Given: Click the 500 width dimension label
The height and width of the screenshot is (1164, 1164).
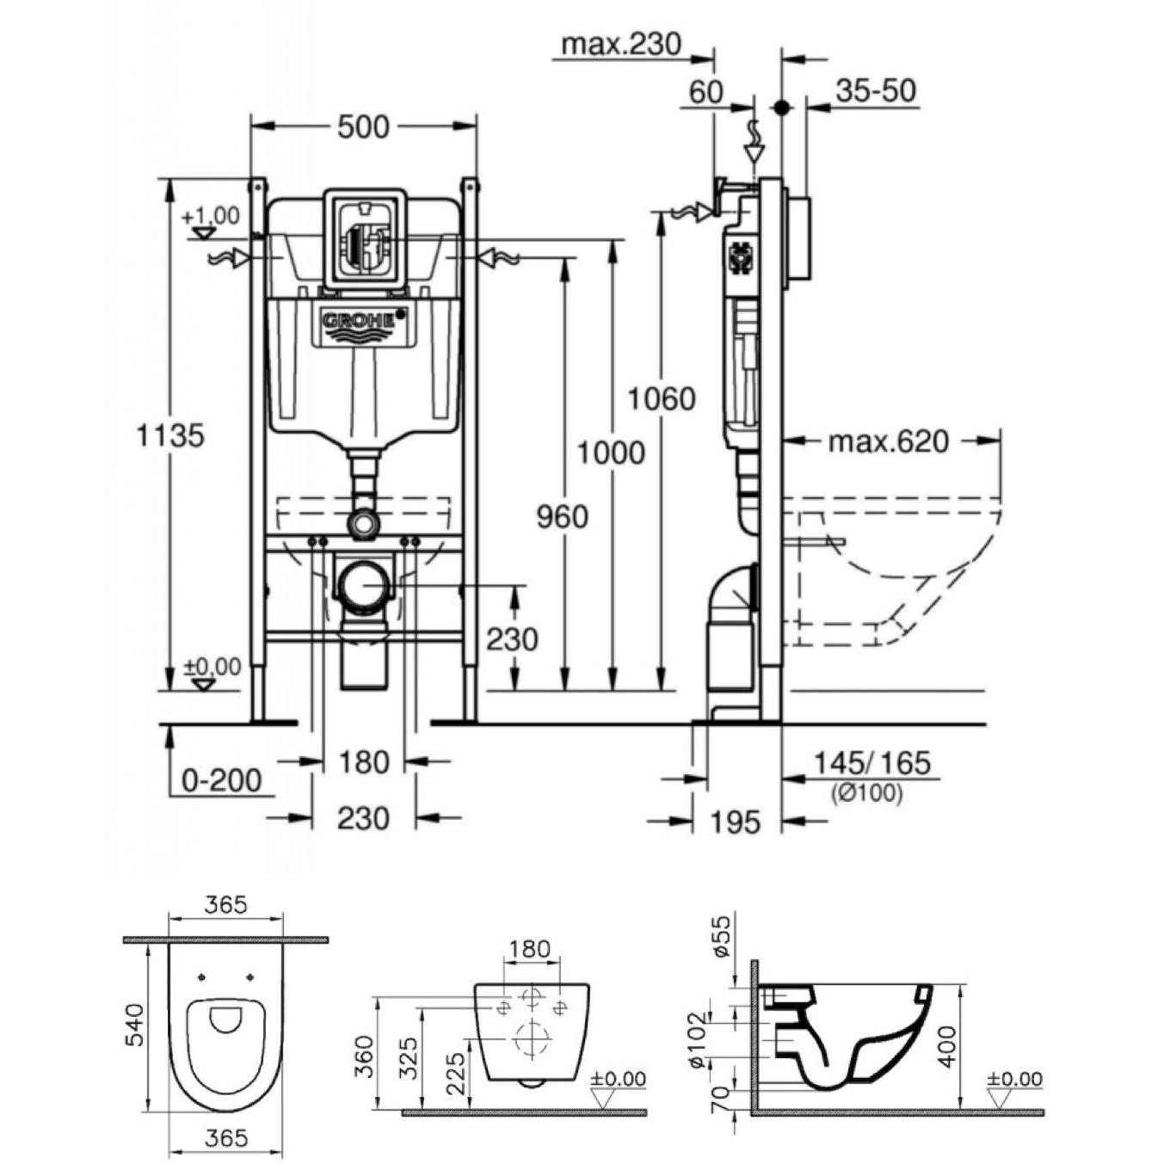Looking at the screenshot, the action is click(362, 127).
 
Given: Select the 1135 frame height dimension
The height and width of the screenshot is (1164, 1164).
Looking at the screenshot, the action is click(171, 435).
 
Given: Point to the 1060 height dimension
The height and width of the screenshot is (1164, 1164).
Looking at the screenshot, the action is click(662, 399).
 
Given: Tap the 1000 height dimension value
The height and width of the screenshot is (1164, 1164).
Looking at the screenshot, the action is click(611, 453).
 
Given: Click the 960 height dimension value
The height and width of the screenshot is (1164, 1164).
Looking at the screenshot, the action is click(562, 517).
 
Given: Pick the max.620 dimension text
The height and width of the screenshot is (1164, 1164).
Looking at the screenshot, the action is click(889, 442).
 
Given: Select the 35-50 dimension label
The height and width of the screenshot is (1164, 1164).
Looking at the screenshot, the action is click(876, 91).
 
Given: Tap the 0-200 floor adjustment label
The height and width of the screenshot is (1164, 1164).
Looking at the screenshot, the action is click(222, 779).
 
